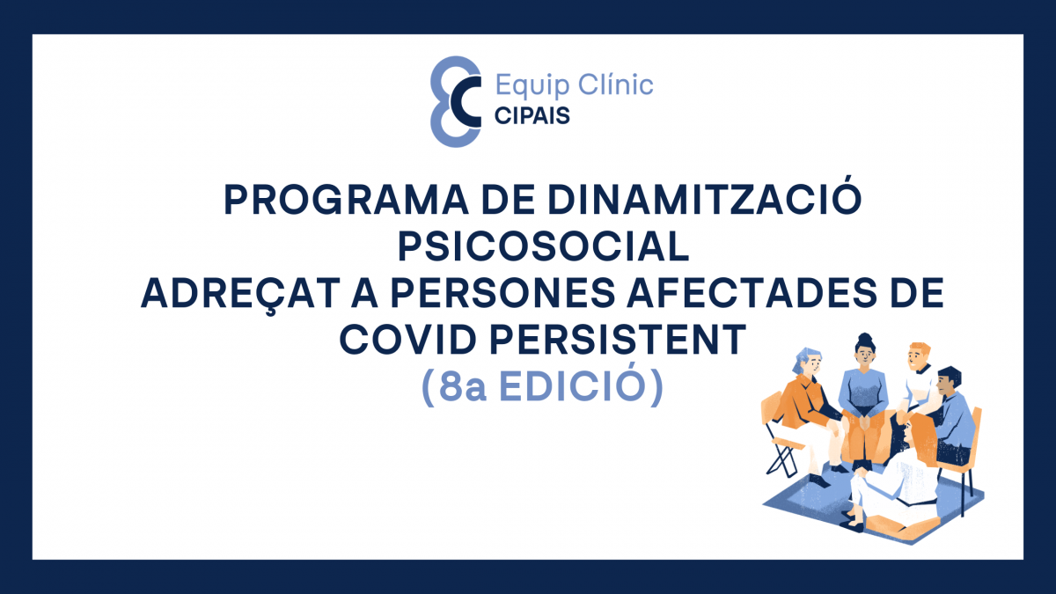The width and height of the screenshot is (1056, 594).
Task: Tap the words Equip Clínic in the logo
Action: [574, 84]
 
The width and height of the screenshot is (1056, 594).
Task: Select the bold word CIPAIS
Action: [532, 115]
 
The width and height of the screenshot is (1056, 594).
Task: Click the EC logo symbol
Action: [455, 99]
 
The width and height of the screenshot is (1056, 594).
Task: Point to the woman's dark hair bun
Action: [864, 339]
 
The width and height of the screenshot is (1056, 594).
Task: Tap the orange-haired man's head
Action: [918, 356]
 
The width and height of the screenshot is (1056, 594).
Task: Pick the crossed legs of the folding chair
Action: [782, 459]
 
